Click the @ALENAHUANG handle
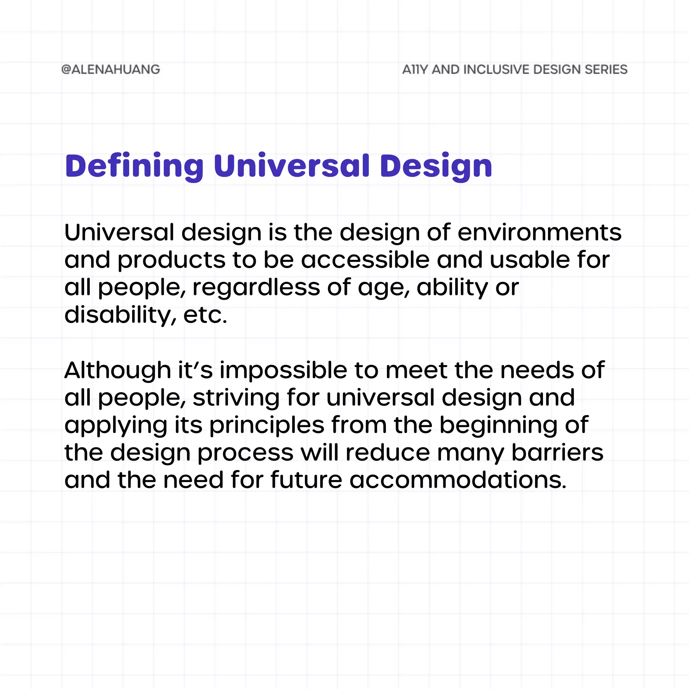[x=111, y=70]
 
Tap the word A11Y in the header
[x=415, y=70]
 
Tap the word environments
[x=539, y=232]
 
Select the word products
[x=172, y=260]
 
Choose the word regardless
[x=256, y=288]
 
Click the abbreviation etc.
[x=205, y=315]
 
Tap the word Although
[x=118, y=370]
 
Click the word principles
[x=267, y=426]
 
